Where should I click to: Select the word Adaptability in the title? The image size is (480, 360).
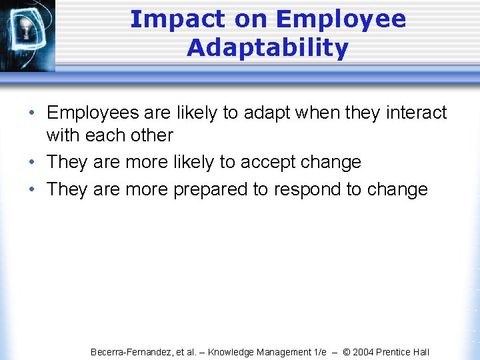click(267, 48)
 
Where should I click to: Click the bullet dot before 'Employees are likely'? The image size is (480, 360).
click(33, 113)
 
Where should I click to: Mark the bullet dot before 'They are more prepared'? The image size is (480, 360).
click(33, 190)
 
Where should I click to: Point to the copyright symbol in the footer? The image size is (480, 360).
click(346, 352)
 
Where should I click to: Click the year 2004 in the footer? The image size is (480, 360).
click(364, 352)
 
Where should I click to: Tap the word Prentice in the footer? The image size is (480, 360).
click(395, 352)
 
